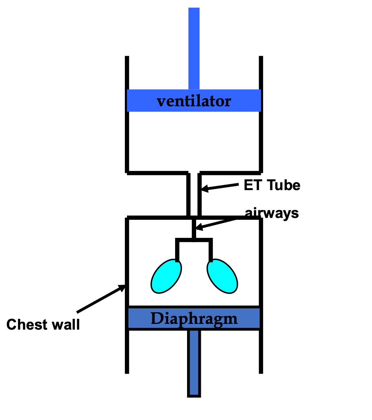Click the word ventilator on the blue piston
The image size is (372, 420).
point(194,101)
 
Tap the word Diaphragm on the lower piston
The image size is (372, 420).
point(194,318)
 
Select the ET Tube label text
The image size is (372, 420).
point(272,185)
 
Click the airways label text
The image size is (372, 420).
point(272,213)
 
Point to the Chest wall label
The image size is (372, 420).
point(43,324)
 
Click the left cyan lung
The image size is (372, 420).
point(166,275)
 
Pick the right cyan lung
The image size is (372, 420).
point(222,275)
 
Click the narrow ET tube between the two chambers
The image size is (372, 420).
point(194,195)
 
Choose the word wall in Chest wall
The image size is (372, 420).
point(65,324)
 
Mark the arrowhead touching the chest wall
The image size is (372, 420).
point(122,288)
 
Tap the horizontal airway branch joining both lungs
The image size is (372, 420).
point(194,240)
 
